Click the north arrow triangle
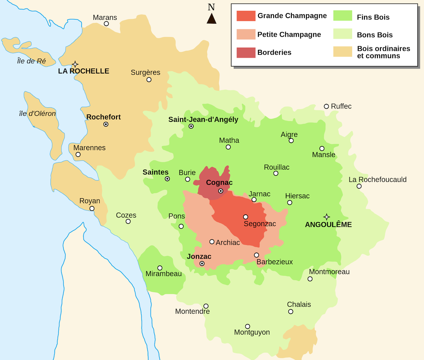(211, 19)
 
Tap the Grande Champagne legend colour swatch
(246, 16)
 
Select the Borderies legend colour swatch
(246, 53)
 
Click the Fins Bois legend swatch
(343, 16)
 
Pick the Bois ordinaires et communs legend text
(383, 52)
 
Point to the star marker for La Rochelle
(75, 64)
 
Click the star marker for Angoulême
(326, 217)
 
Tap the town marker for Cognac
(220, 191)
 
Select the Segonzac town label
(260, 224)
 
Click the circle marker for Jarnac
(254, 200)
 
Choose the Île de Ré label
(31, 61)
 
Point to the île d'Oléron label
(37, 114)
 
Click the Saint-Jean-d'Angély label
(203, 120)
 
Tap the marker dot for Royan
(92, 208)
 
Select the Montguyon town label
(252, 332)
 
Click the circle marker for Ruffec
(326, 106)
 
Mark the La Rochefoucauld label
(377, 180)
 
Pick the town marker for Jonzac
(202, 264)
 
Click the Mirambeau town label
(164, 274)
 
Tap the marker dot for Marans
(106, 24)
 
